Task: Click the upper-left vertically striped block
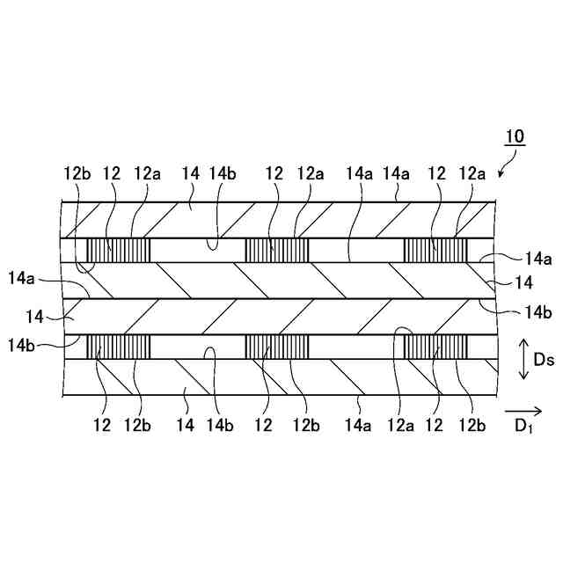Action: click(118, 250)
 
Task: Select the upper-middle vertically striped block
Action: click(276, 250)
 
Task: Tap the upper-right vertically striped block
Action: click(435, 250)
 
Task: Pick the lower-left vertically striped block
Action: click(118, 347)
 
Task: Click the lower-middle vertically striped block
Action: click(276, 347)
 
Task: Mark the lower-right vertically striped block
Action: click(435, 347)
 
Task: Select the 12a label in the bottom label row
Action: click(403, 427)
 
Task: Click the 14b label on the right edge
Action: click(538, 311)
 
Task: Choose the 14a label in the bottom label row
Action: click(358, 427)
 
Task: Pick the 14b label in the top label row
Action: click(223, 174)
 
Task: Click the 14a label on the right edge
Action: click(538, 258)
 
